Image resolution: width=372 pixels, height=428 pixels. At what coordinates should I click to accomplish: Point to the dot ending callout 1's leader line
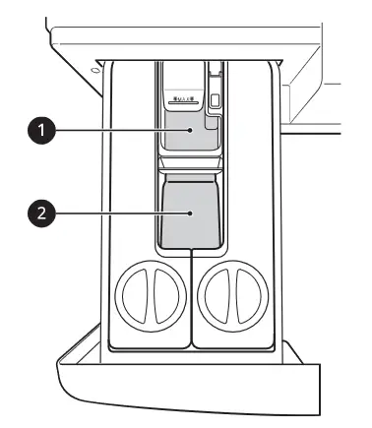tap(184, 133)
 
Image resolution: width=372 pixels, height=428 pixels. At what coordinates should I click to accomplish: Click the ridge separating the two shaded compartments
tap(187, 169)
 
